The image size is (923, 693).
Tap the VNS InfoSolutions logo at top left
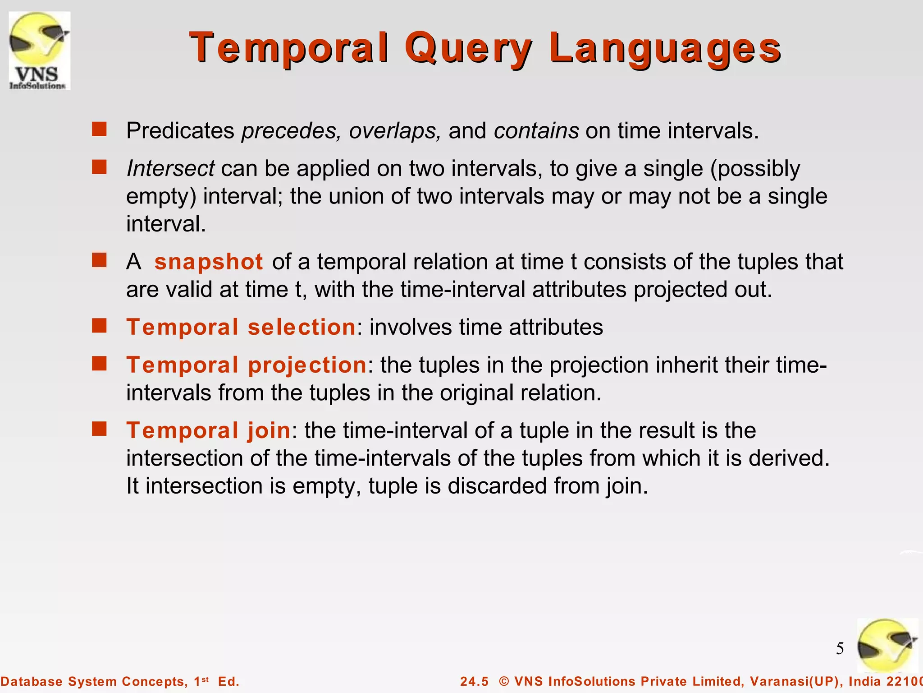40,51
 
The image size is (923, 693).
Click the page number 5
840,649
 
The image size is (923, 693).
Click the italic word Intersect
170,169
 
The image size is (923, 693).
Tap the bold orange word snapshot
209,262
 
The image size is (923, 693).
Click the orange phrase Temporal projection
247,365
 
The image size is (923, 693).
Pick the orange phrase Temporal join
208,430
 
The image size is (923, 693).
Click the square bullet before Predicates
99,129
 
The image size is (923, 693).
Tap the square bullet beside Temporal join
99,429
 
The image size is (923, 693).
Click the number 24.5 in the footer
474,681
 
